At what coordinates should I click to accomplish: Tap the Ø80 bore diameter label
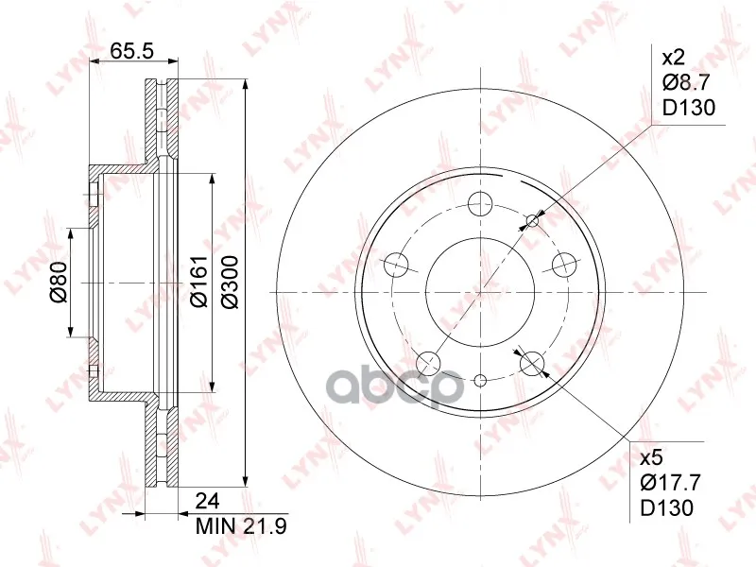(59, 282)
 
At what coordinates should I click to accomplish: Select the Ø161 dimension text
(198, 283)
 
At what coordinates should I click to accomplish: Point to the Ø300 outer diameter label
(231, 283)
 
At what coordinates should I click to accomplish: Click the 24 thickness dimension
(207, 502)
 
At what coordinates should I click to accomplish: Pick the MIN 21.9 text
(241, 526)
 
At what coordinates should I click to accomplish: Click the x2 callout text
(673, 59)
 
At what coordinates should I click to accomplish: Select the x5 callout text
(652, 457)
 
